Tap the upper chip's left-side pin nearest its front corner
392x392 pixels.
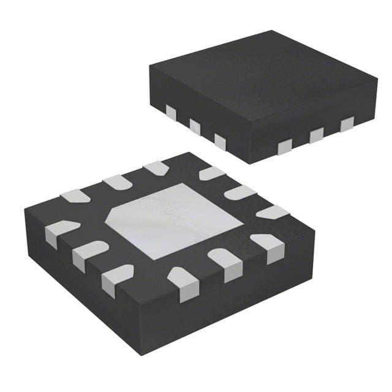[x=220, y=141]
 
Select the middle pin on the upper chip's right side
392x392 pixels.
[x=317, y=135]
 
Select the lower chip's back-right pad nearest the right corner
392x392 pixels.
[x=272, y=212]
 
